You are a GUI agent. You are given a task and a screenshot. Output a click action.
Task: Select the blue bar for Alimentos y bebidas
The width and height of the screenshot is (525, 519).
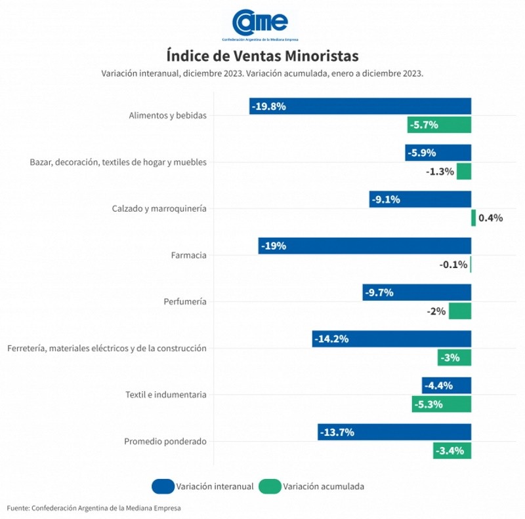tap(360, 106)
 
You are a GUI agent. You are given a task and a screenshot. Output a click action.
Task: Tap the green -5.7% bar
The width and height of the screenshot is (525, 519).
tap(439, 125)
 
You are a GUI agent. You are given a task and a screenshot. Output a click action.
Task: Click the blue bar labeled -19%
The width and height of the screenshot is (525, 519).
tap(365, 246)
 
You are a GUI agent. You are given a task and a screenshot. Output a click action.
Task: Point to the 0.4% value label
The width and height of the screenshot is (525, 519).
tap(490, 218)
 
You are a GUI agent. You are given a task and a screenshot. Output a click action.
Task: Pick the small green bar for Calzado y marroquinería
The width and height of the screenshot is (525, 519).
tap(473, 218)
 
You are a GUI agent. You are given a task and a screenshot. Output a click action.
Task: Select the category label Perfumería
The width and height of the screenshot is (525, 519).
tap(184, 301)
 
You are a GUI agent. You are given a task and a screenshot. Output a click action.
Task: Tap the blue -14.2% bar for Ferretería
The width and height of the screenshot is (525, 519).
tap(392, 339)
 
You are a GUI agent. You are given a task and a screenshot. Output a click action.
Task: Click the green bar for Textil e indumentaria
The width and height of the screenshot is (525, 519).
tap(442, 404)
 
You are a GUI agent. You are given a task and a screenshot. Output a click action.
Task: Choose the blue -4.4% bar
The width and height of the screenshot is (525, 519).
tap(446, 385)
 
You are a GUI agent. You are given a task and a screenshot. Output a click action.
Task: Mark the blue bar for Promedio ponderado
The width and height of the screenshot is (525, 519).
tap(394, 432)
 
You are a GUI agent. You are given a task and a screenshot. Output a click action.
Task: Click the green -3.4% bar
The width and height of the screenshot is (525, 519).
tap(452, 451)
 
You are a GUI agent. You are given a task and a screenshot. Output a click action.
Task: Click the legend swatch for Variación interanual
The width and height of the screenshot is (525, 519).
tap(162, 486)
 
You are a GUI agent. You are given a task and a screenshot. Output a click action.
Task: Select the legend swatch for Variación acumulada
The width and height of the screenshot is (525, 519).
tap(270, 486)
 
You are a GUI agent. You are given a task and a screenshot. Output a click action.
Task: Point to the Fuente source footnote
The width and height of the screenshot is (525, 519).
tap(94, 508)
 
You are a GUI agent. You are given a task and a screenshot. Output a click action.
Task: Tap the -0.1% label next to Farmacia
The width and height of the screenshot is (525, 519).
tap(453, 265)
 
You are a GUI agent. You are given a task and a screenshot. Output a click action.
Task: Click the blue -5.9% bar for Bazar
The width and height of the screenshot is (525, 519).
tap(438, 153)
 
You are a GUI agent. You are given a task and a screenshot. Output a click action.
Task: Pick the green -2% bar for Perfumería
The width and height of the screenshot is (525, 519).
tap(460, 311)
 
